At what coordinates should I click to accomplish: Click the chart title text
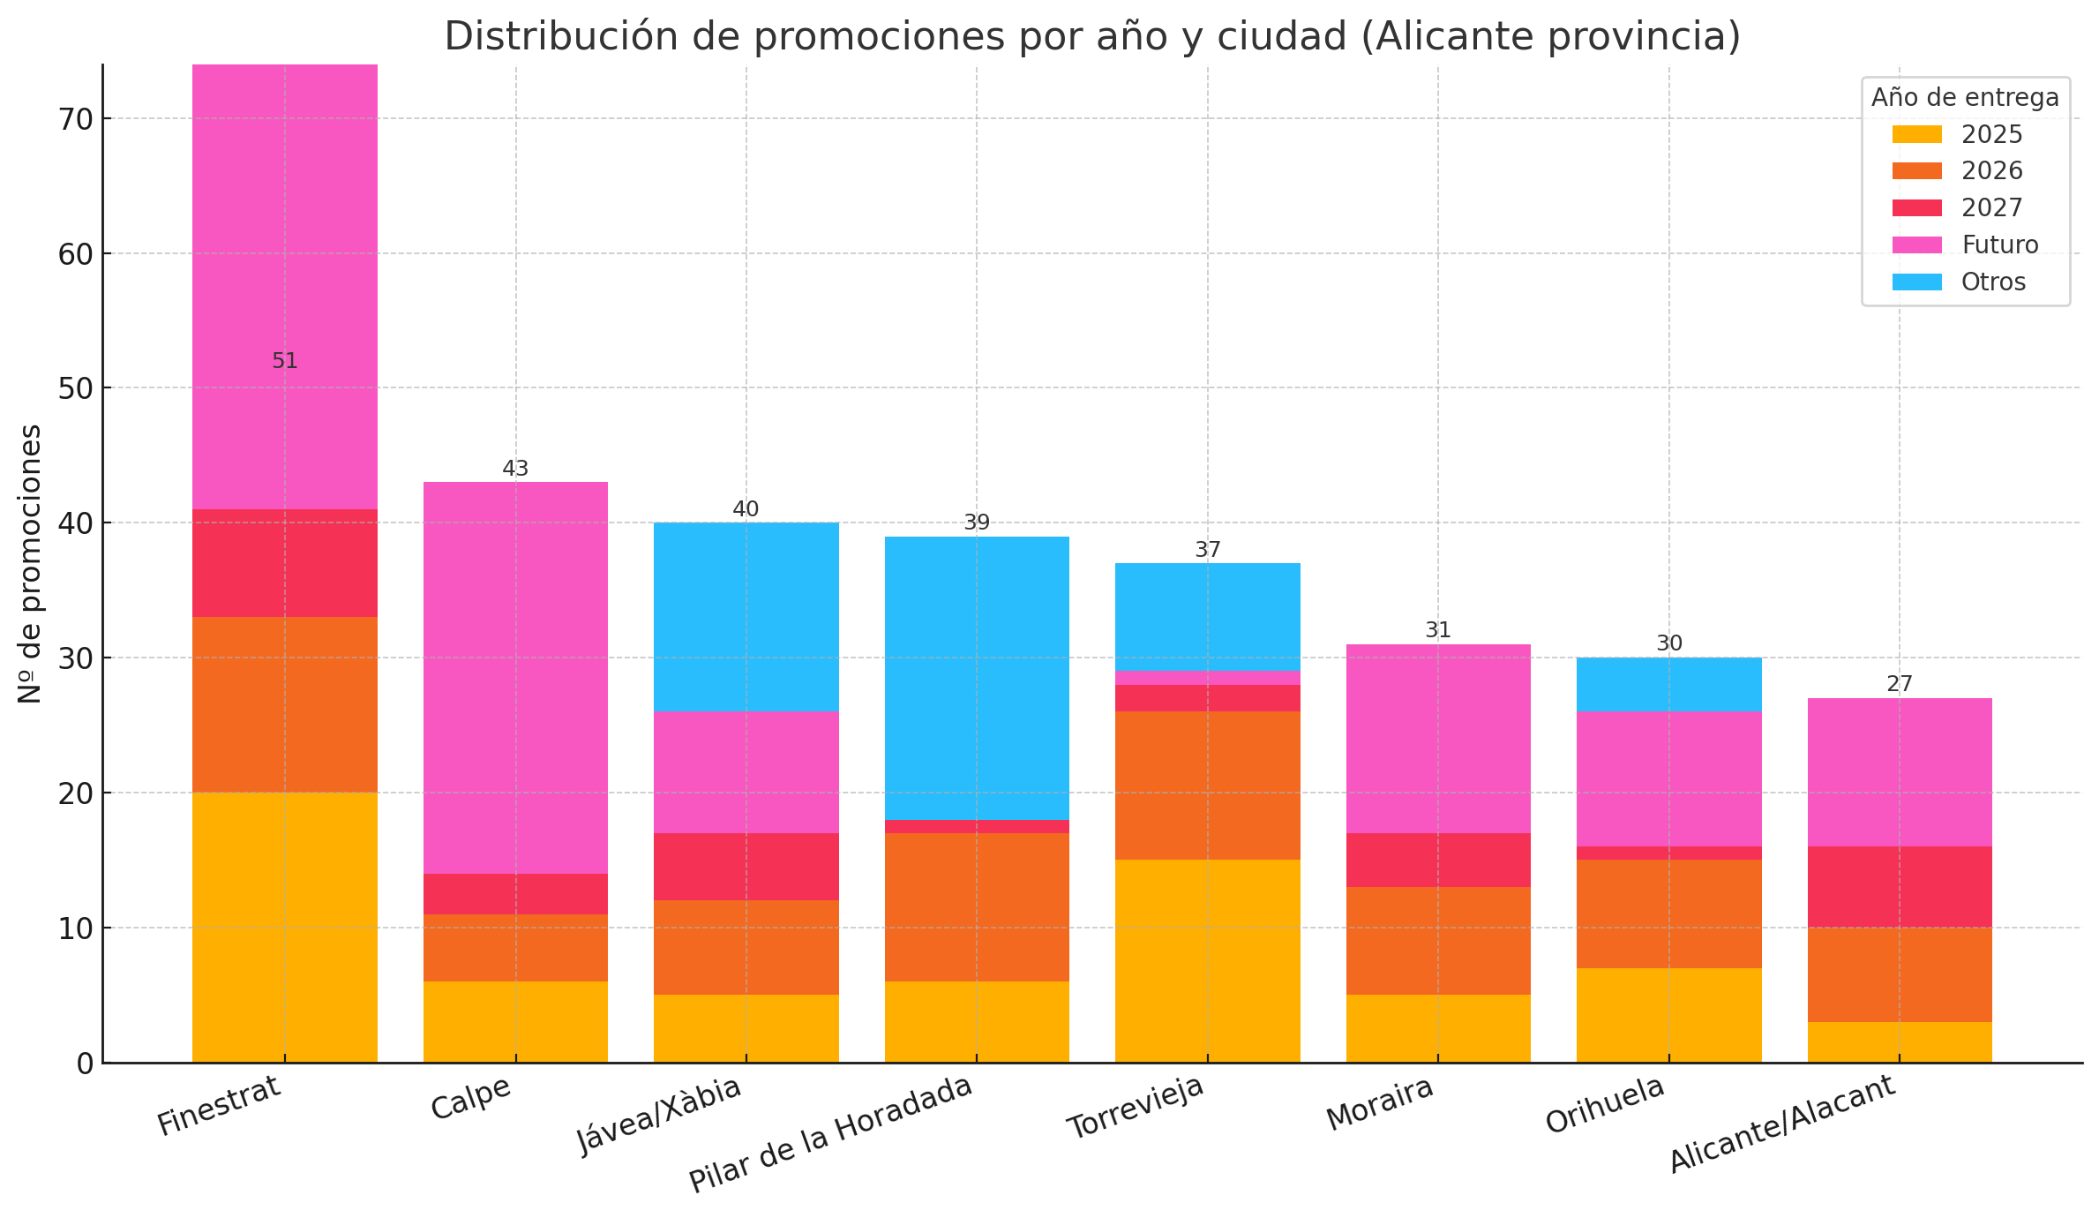(1092, 37)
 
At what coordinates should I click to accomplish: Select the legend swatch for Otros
(1916, 282)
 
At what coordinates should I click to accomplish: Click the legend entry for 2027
(1991, 208)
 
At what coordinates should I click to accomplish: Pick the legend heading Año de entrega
(1965, 97)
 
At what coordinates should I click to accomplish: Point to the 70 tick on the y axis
(77, 119)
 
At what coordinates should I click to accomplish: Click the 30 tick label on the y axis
(77, 658)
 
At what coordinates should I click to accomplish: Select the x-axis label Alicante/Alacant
(1782, 1124)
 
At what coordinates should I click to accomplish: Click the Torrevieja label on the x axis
(1135, 1109)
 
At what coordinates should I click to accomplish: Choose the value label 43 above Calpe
(515, 469)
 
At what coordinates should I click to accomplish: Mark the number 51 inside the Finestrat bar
(284, 361)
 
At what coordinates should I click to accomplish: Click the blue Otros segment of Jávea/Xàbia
(746, 616)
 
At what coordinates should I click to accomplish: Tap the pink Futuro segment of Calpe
(515, 677)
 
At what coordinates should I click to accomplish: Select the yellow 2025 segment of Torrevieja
(1207, 960)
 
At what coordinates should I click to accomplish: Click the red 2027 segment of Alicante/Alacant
(1899, 886)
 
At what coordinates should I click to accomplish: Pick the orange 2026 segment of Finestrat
(284, 704)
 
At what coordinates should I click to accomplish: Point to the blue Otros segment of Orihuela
(1668, 684)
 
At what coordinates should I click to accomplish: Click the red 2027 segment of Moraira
(1437, 860)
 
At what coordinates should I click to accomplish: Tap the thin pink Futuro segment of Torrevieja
(1207, 678)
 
